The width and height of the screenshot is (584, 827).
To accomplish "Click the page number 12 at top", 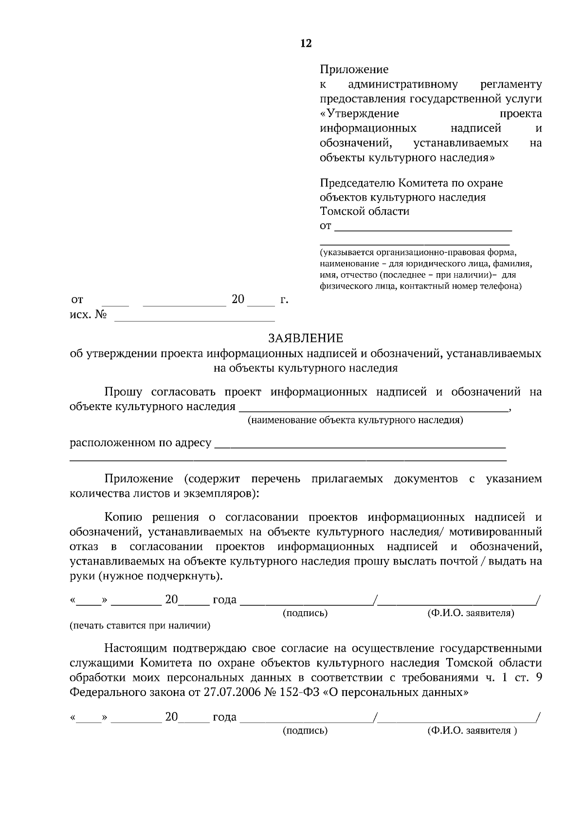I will coord(306,43).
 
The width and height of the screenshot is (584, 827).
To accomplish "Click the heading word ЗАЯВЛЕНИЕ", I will coord(306,338).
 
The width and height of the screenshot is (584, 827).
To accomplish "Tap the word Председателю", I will coord(358,183).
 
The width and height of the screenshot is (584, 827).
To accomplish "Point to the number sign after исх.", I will coord(101,315).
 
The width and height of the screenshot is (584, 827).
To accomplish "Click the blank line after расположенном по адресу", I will coord(360,444).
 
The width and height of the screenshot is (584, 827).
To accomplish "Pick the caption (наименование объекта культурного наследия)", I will coord(355,420).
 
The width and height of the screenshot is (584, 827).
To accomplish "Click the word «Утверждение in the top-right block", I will coord(360,114).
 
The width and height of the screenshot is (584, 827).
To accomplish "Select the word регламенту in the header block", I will coord(511,85).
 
